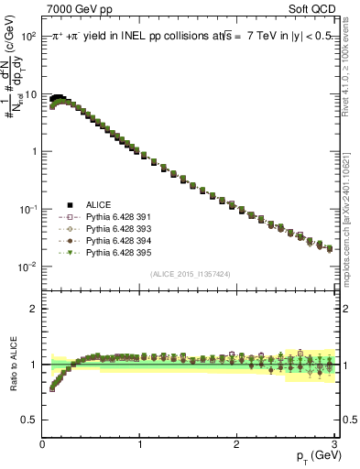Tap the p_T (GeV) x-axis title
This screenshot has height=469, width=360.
pyautogui.click(x=314, y=456)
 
